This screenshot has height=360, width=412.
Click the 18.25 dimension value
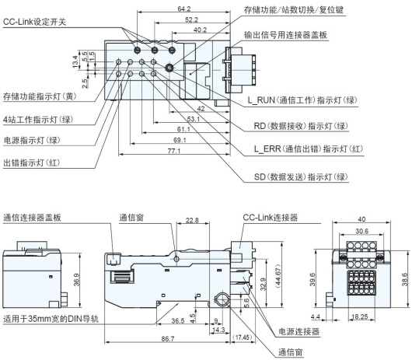pos(360,318)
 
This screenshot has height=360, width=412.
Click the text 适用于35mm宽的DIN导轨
pos(51,318)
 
